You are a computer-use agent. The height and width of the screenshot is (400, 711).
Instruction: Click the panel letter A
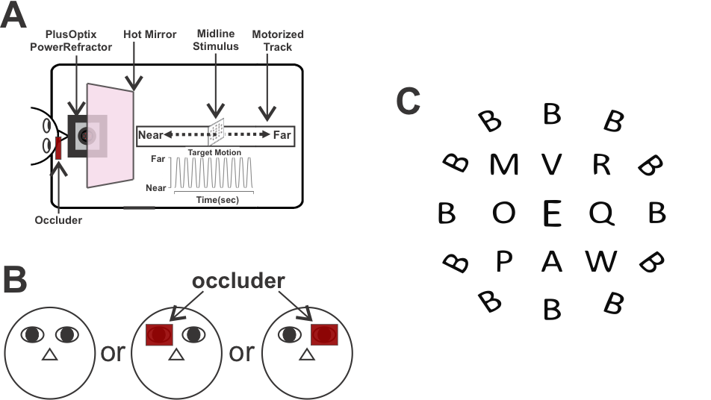[14, 16]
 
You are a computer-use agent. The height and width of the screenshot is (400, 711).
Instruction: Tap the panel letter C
[409, 101]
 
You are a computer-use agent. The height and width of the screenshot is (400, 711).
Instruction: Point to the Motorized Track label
[278, 41]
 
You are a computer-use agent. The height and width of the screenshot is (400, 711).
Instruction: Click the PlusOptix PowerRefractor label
[78, 41]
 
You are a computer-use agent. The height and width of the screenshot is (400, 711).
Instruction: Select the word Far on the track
[282, 136]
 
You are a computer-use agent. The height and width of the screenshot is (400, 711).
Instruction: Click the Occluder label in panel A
[59, 220]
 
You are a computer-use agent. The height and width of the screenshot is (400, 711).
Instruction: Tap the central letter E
[551, 213]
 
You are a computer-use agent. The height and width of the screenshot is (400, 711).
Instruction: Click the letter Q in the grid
[601, 213]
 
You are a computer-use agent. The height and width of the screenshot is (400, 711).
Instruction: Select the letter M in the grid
[503, 164]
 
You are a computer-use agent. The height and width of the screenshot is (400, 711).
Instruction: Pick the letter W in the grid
[601, 261]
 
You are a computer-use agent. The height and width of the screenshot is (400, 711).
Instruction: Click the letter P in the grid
[503, 261]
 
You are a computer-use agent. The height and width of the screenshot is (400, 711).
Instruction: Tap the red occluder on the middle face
[159, 335]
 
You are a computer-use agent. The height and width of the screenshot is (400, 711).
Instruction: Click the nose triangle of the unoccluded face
[49, 356]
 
